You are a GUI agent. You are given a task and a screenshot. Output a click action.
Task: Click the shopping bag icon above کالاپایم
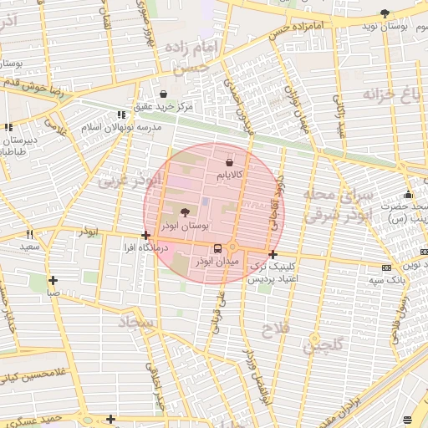(230, 161)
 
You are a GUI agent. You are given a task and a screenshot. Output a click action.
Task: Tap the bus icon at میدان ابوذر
(218, 248)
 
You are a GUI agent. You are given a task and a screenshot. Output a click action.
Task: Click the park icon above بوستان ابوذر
(185, 212)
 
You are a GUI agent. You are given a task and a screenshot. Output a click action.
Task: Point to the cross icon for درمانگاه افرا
(146, 236)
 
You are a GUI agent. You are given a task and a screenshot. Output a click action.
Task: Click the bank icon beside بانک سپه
(385, 267)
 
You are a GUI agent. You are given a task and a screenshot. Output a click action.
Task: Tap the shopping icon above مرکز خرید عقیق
(163, 94)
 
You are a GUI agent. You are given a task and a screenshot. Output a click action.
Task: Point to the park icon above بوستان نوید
(385, 13)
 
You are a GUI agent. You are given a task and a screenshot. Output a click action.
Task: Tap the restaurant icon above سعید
(30, 235)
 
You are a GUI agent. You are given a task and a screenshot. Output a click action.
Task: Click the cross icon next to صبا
(53, 280)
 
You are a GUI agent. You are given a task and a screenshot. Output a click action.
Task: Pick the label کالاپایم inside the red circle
(230, 175)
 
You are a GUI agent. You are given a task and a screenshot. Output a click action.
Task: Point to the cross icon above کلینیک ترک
(273, 253)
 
